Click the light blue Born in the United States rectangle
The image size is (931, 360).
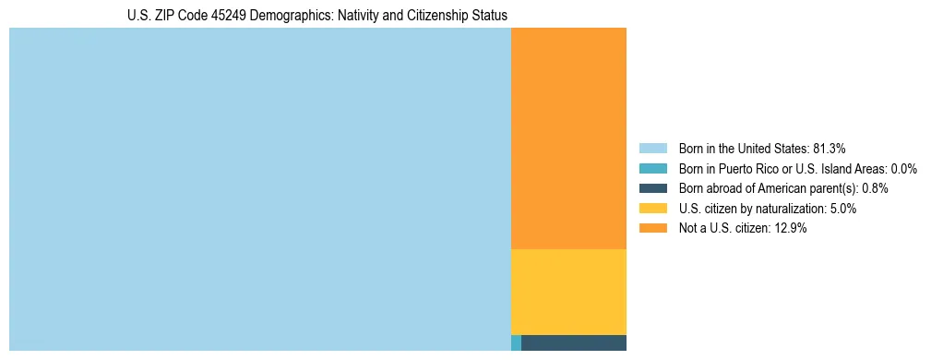[x=259, y=189]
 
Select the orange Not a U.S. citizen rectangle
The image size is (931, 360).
[x=568, y=138]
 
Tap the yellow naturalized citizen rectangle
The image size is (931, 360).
[x=568, y=292]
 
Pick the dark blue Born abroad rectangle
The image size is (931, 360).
[x=574, y=343]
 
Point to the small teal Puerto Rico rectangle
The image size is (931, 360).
[x=516, y=343]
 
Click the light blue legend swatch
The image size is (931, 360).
[x=652, y=149]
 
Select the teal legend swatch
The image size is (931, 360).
[x=652, y=169]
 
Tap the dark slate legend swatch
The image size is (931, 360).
[x=652, y=188]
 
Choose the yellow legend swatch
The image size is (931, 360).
[x=652, y=209]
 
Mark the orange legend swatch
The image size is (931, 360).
[x=652, y=229]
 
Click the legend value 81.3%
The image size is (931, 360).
[x=829, y=149]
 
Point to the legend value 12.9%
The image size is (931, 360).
[x=790, y=229]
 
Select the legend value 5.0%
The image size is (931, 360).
[x=841, y=209]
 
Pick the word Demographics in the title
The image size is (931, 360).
[x=299, y=16]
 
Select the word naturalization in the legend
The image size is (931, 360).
[x=783, y=209]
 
